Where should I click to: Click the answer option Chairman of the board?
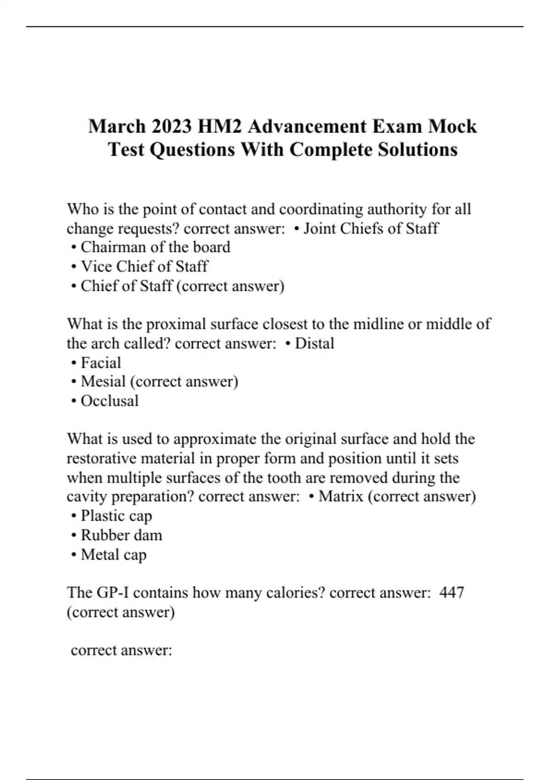click(155, 247)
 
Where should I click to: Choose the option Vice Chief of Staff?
click(144, 267)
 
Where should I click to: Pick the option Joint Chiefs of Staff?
click(371, 228)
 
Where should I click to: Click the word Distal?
click(314, 343)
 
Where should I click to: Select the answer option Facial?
click(101, 362)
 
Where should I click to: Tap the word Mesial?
click(103, 382)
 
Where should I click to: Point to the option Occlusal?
click(110, 401)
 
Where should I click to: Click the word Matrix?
click(341, 496)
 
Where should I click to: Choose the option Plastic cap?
click(116, 516)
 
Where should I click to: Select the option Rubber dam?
click(121, 535)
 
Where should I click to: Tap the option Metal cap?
click(114, 554)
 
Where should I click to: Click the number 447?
click(451, 592)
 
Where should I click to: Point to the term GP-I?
click(112, 592)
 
